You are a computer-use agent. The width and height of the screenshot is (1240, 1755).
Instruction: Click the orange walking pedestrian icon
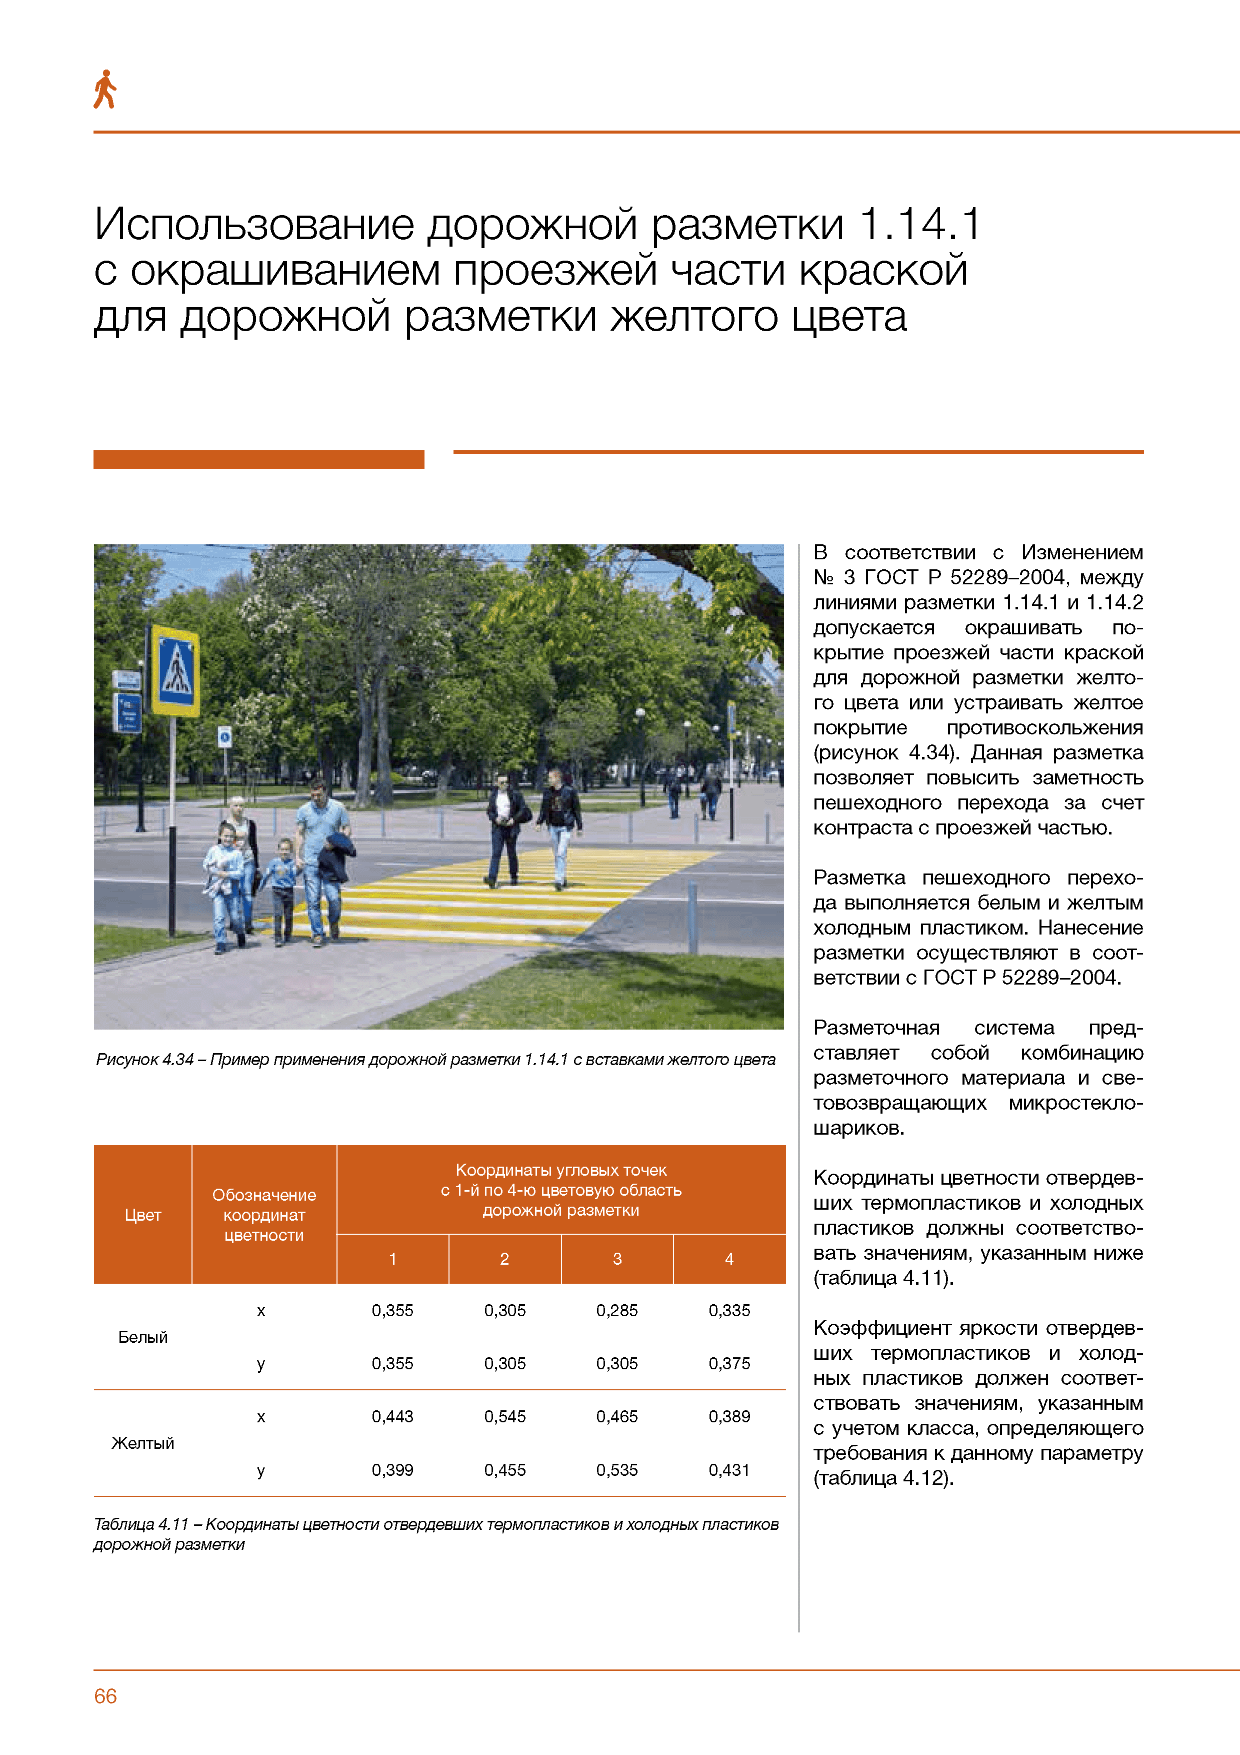[104, 90]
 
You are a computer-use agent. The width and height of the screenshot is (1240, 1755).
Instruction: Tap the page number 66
[105, 1695]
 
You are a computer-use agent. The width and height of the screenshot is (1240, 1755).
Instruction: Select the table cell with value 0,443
[392, 1416]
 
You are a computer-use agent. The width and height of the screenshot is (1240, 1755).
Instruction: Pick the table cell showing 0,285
[616, 1310]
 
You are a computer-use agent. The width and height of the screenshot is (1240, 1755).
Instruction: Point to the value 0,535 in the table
[616, 1470]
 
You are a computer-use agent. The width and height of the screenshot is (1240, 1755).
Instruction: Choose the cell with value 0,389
[729, 1416]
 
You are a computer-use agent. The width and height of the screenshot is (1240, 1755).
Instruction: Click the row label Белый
[143, 1337]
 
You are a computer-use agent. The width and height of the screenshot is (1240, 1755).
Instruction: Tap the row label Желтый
[143, 1443]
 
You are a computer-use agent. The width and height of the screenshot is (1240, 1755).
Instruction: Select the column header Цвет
[143, 1215]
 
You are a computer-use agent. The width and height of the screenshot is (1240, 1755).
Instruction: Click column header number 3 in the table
[616, 1259]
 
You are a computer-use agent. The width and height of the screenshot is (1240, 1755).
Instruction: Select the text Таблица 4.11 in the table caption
[141, 1524]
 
